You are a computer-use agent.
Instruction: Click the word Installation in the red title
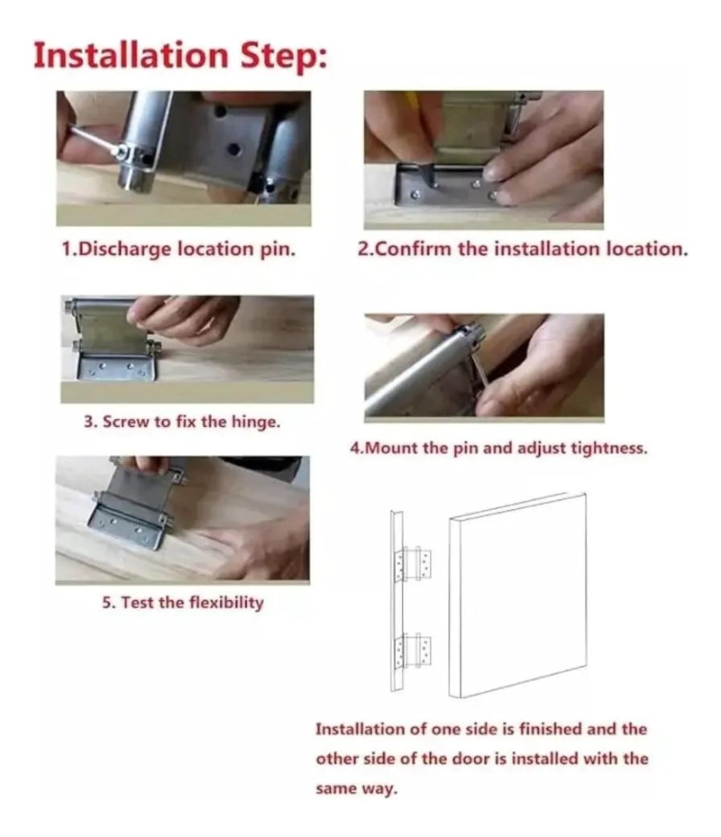click(131, 55)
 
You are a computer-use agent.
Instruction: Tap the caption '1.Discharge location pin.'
click(178, 249)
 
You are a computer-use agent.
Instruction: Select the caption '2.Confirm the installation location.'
click(523, 249)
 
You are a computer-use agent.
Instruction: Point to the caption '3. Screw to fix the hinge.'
click(181, 422)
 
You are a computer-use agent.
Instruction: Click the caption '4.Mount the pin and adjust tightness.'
click(498, 447)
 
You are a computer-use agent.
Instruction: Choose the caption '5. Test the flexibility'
click(183, 603)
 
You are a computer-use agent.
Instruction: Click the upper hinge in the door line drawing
click(413, 564)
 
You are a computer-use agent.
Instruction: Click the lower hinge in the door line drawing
click(413, 651)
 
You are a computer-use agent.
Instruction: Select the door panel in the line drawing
click(517, 596)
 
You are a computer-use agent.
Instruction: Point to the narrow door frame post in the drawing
click(397, 601)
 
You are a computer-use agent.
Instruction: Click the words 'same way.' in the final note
click(357, 788)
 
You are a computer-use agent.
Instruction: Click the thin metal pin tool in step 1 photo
click(95, 140)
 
